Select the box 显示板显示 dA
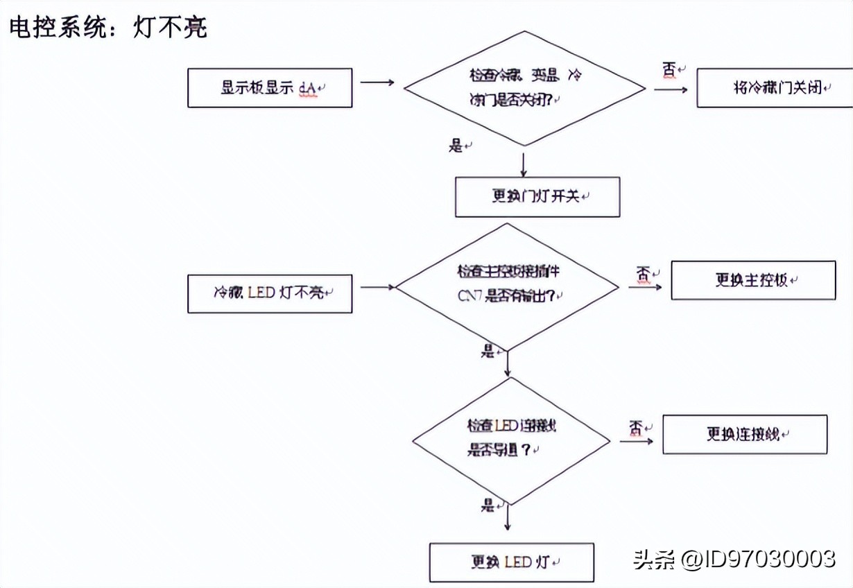pos(270,88)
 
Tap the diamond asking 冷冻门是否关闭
pos(524,88)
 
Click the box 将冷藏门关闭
pos(775,88)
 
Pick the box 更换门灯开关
pos(537,197)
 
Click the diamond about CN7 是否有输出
pos(508,286)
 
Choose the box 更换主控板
pos(753,280)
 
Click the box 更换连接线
pos(745,434)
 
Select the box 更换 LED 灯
pos(512,562)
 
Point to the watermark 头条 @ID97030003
pos(734,559)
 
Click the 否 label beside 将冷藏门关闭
pos(669,70)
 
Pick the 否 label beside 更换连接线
pos(635,428)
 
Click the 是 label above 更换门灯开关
pos(456,146)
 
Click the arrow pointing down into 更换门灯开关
pos(524,164)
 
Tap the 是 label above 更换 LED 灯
pos(488,505)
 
